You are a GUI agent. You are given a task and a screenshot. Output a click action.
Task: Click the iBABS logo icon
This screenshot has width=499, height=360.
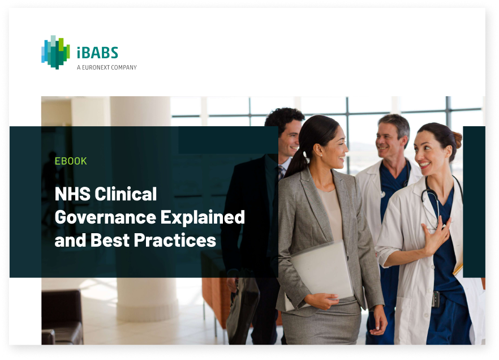pyautogui.click(x=55, y=52)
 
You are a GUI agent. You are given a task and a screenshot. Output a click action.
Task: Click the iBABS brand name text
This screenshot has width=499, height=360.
pyautogui.click(x=97, y=53)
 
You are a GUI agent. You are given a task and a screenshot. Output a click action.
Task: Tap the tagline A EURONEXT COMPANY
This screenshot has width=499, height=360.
pyautogui.click(x=106, y=67)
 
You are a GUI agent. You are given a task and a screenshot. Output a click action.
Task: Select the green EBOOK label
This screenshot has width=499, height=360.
pyautogui.click(x=71, y=161)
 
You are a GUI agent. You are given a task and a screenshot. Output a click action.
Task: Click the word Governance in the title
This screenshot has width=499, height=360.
pyautogui.click(x=105, y=217)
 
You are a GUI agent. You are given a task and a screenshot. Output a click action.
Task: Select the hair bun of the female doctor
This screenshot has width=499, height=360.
pyautogui.click(x=457, y=140)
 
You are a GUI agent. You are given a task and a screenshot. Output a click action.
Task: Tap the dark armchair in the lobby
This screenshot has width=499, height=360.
pyautogui.click(x=62, y=317)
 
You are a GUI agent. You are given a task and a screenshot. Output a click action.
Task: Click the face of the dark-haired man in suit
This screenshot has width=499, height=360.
pyautogui.click(x=290, y=139)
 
